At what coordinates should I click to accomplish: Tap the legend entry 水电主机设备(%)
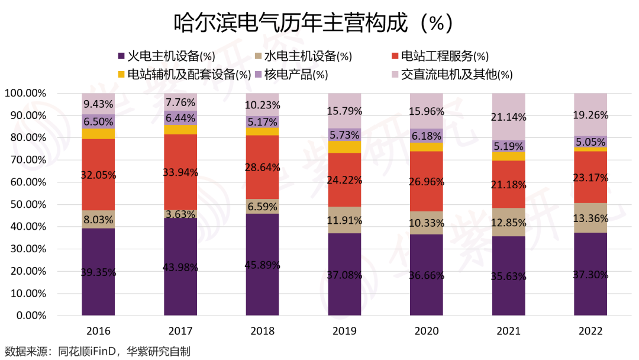307,57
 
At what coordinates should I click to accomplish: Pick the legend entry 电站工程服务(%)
444,57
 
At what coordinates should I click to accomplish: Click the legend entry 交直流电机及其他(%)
456,75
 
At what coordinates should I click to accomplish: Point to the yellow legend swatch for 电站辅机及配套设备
121,75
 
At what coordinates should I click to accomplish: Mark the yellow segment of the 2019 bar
344,147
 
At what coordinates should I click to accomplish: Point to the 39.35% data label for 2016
99,273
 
